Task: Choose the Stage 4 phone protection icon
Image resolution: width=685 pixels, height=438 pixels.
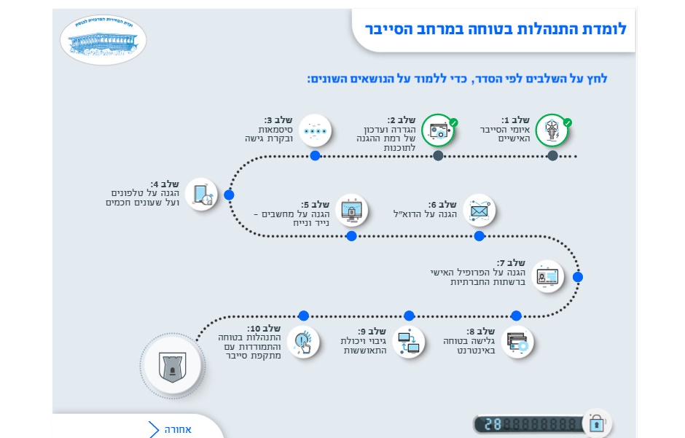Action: click(x=202, y=195)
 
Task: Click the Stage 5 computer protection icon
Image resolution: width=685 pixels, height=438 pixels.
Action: click(x=351, y=211)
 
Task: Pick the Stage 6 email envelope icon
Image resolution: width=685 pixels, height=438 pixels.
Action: click(x=479, y=211)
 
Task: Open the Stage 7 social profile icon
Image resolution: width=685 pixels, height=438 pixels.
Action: click(x=547, y=276)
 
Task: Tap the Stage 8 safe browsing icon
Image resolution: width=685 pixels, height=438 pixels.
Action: click(x=517, y=341)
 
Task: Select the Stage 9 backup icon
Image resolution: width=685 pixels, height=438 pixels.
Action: click(x=409, y=341)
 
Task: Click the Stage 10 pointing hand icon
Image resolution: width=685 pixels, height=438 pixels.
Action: click(x=304, y=341)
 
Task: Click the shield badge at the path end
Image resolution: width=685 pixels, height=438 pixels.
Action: click(x=171, y=364)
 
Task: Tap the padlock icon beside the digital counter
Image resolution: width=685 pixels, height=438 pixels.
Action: click(x=597, y=423)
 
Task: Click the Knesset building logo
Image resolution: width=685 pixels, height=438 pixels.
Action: click(x=103, y=39)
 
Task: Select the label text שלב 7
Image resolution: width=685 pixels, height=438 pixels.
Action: click(x=512, y=262)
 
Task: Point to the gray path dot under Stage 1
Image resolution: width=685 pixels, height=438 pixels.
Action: click(x=552, y=156)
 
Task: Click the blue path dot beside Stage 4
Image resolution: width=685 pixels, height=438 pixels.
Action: click(x=229, y=195)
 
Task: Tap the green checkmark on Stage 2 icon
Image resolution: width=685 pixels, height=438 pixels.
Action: click(x=453, y=122)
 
